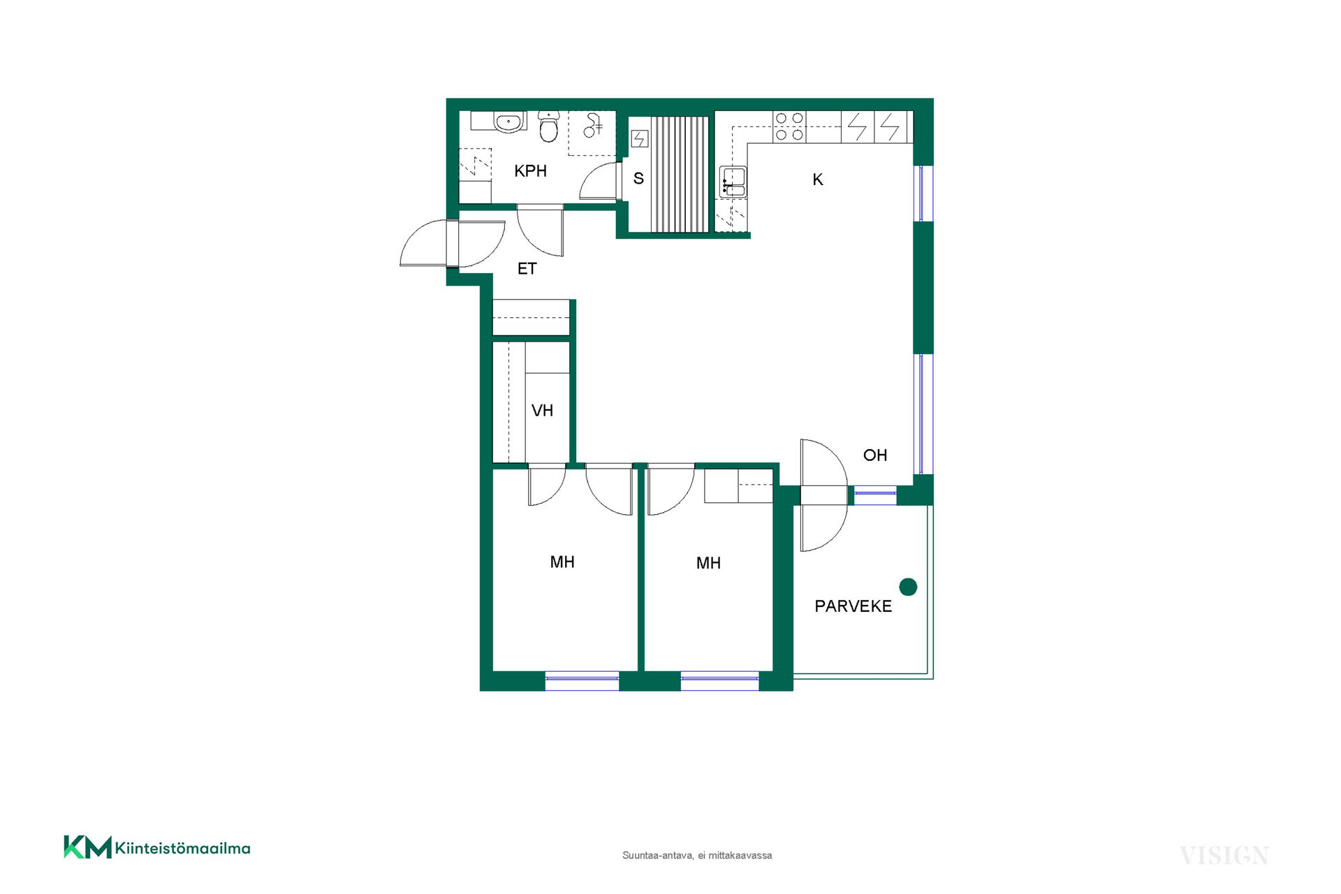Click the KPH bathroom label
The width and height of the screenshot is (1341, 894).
(x=530, y=171)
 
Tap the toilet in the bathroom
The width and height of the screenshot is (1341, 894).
(x=549, y=126)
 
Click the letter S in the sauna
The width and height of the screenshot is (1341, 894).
(x=638, y=179)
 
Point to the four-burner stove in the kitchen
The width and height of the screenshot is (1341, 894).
(x=789, y=127)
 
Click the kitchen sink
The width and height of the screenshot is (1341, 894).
(x=733, y=181)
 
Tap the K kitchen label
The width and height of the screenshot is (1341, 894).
(x=818, y=180)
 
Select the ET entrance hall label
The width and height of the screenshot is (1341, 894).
(x=527, y=269)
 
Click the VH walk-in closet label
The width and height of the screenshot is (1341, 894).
(x=542, y=411)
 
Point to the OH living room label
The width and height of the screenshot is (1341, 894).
(x=875, y=455)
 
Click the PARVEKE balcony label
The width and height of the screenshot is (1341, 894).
(x=853, y=606)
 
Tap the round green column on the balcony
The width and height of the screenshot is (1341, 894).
(x=908, y=587)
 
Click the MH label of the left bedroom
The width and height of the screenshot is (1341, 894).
(x=562, y=562)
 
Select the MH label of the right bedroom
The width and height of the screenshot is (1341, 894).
(x=708, y=564)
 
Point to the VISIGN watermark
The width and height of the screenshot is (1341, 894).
(x=1224, y=856)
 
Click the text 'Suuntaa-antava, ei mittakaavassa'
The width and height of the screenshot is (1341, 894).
(x=697, y=856)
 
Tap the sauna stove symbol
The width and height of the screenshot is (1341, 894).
(x=640, y=139)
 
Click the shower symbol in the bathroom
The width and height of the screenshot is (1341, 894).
(x=592, y=126)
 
